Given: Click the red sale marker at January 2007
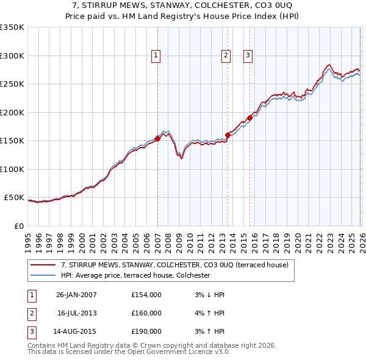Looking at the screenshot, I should (157, 139).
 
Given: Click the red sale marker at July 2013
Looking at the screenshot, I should (228, 135).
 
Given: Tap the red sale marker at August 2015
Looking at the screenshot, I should (249, 118).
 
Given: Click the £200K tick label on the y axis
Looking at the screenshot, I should (12, 112).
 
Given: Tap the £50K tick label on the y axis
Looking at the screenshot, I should (14, 198).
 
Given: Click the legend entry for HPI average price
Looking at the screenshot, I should (135, 275).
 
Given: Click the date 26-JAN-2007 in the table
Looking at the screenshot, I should (76, 295).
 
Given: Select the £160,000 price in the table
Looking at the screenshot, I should (146, 313).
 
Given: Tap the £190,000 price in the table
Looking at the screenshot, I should (146, 331).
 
